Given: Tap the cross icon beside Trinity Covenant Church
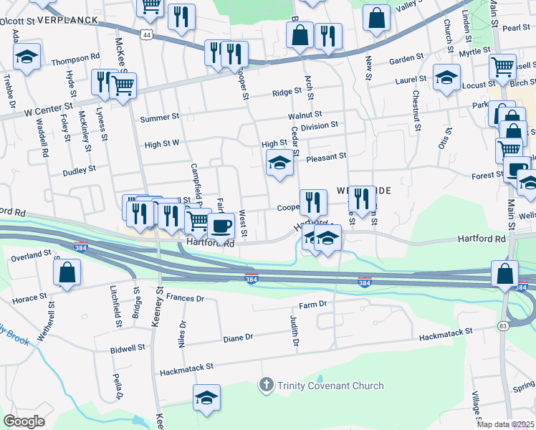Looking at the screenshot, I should pos(266,386).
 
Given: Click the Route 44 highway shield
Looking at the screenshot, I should pos(147,34).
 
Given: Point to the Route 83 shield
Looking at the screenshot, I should pos(502,326).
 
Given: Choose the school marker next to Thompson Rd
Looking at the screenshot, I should pos(27,57).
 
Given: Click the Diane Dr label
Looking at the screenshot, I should pos(238,337).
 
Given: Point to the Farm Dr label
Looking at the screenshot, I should pos(312,305).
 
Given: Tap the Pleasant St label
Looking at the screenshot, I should pos(326,156).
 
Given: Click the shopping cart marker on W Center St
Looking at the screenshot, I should pos(123,85).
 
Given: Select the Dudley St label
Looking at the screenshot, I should pos(79,170).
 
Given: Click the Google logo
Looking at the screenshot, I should pos(23,421).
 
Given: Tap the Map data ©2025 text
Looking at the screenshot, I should pos(505,424).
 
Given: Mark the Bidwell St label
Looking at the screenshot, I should pos(128,347).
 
